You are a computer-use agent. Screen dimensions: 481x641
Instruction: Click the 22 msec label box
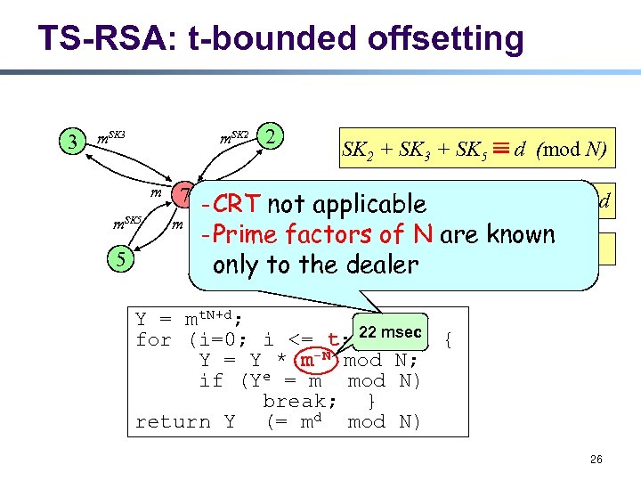pyautogui.click(x=391, y=331)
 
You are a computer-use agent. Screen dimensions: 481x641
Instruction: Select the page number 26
pyautogui.click(x=596, y=460)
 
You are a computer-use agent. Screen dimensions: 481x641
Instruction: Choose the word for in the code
pyautogui.click(x=153, y=339)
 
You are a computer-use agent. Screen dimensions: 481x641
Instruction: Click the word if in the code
pyautogui.click(x=211, y=380)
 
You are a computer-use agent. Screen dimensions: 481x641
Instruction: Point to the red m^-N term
pyautogui.click(x=318, y=359)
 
